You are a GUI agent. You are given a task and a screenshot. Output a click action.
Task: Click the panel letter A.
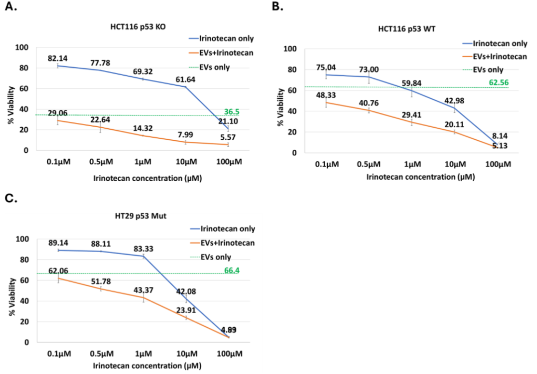[10, 8]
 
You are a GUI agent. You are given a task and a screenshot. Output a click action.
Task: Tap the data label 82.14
[57, 58]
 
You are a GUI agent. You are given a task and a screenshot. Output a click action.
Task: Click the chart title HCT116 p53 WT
[399, 29]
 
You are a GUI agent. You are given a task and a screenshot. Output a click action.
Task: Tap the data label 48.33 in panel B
[326, 95]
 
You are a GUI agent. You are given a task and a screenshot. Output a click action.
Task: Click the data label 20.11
[454, 125]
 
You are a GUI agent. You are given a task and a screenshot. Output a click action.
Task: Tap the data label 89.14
[57, 243]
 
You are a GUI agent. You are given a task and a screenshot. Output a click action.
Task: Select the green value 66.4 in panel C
[233, 271]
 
